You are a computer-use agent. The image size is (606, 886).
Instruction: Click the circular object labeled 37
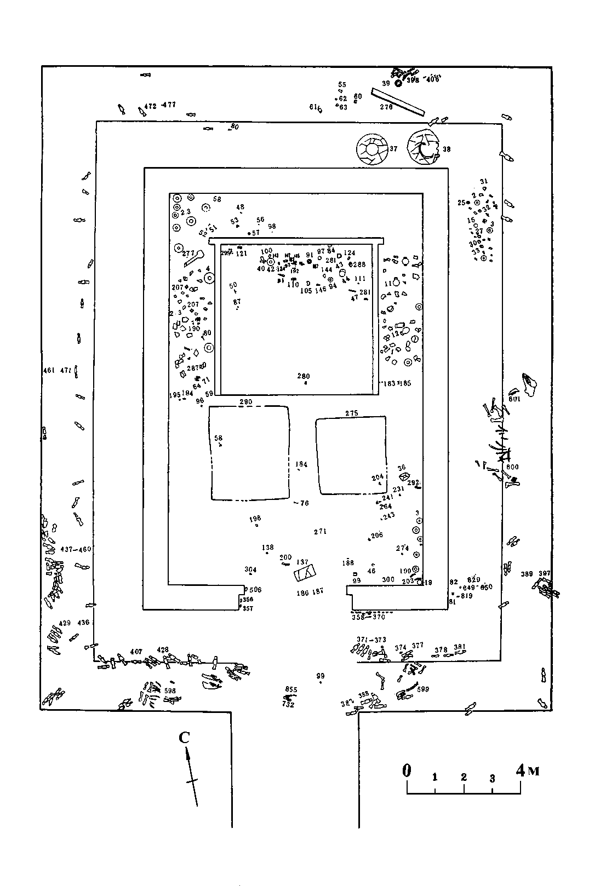[x=372, y=149]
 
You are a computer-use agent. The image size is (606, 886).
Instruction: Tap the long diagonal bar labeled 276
[x=397, y=102]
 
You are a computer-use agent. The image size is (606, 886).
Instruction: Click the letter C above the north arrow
[x=184, y=738]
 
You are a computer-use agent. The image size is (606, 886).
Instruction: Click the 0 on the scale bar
[x=407, y=770]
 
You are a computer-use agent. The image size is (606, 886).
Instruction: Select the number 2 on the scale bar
[x=464, y=777]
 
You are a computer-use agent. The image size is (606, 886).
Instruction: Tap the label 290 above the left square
[x=245, y=402]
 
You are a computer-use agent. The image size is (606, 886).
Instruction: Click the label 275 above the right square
[x=351, y=413]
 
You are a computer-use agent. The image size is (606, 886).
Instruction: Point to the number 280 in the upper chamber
[x=304, y=376]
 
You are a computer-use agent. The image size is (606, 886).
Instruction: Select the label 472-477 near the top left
[x=159, y=105]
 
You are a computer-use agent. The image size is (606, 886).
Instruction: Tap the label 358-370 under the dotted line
[x=368, y=617]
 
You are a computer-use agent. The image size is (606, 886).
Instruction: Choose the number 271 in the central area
[x=320, y=532]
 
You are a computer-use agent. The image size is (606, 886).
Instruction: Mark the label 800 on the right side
[x=512, y=467]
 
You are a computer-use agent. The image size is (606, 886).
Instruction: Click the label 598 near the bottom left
[x=170, y=691]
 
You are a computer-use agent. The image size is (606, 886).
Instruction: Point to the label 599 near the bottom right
[x=422, y=689]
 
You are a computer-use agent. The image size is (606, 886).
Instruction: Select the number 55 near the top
[x=342, y=84]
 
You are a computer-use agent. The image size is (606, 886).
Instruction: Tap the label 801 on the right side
[x=514, y=399]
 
